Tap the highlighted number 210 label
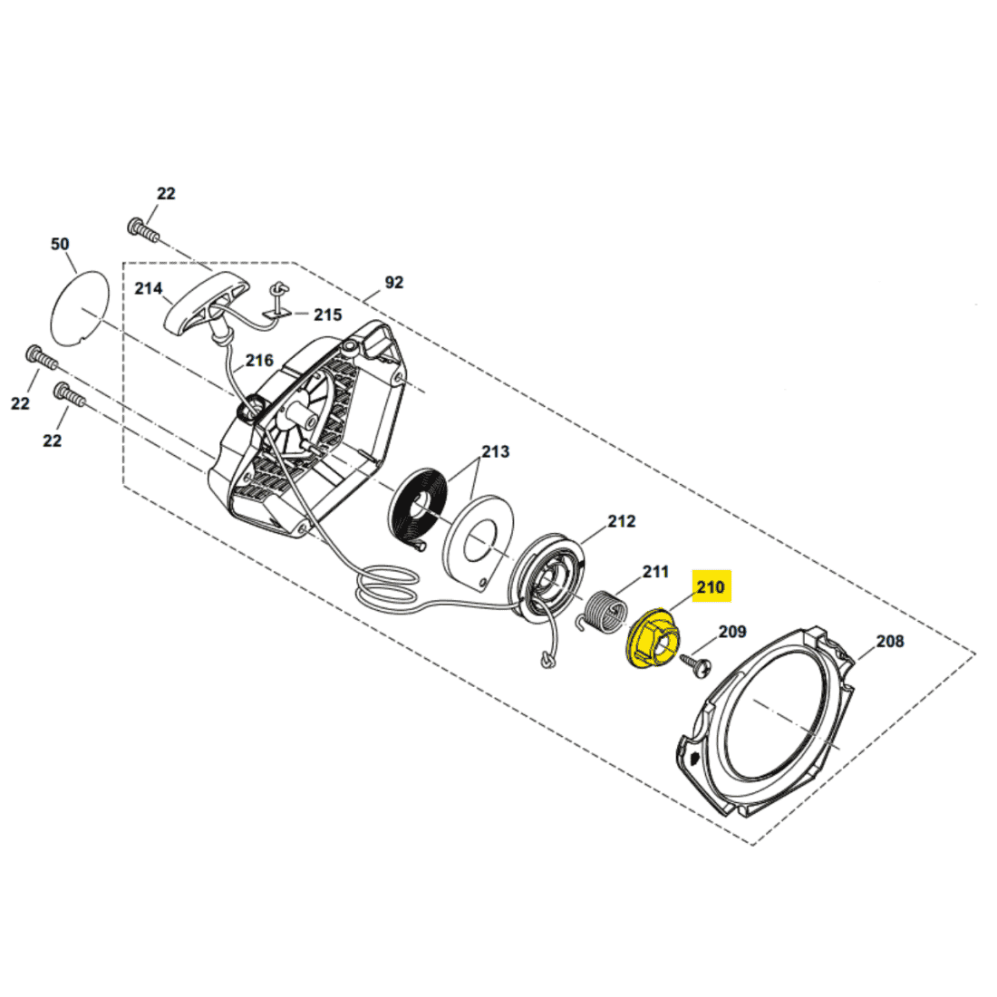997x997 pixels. click(x=711, y=586)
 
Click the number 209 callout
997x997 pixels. click(x=732, y=632)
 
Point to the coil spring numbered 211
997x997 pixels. click(x=605, y=613)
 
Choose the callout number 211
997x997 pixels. click(x=655, y=572)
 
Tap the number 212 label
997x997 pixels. click(x=621, y=521)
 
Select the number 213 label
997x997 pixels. click(x=495, y=451)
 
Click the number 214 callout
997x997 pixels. click(x=148, y=288)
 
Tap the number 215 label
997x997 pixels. click(x=327, y=315)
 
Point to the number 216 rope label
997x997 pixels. click(x=259, y=361)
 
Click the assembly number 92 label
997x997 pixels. click(x=394, y=282)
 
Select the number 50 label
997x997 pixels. click(x=60, y=244)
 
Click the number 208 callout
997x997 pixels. click(x=890, y=641)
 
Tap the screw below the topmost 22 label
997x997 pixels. click(x=142, y=230)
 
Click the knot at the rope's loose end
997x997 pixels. click(x=547, y=660)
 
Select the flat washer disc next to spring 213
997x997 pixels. click(x=479, y=538)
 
